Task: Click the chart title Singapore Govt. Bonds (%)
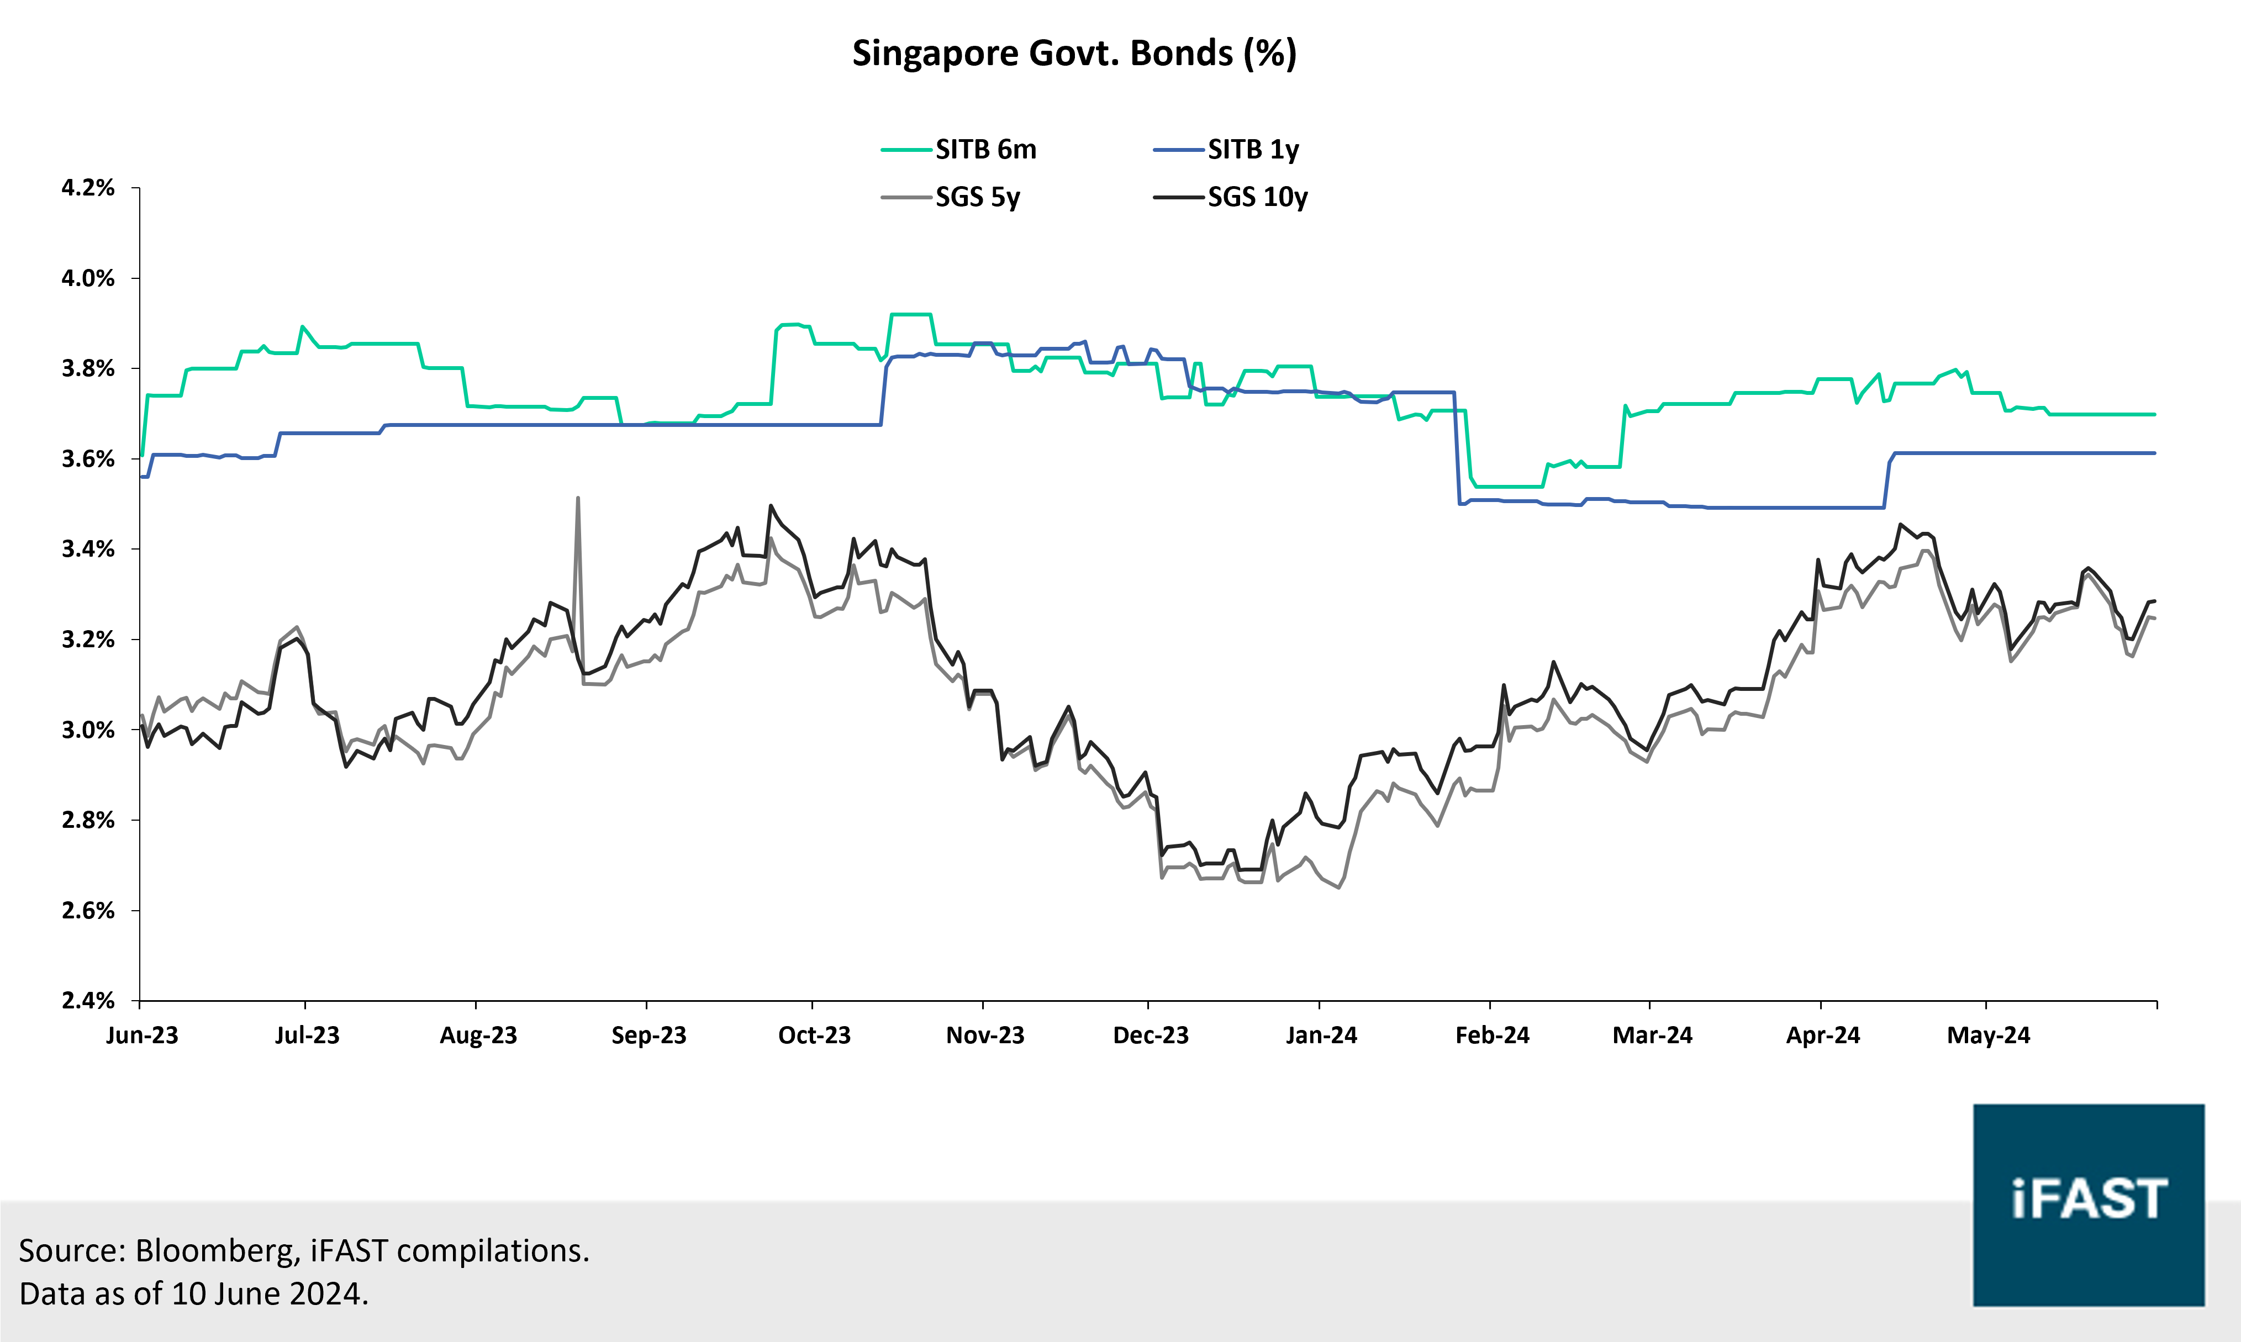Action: tap(1074, 54)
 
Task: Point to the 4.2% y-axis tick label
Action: tap(88, 188)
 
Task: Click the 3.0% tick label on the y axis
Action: tap(88, 730)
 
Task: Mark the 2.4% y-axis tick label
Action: tap(88, 1000)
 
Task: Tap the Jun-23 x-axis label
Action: tap(142, 1035)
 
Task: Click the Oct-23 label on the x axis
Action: tap(814, 1035)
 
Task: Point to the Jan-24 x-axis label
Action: tap(1321, 1035)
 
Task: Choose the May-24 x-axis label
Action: tap(1988, 1035)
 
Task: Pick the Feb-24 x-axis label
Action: tap(1492, 1035)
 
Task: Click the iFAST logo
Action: tap(2088, 1204)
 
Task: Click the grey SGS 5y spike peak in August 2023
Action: tap(577, 498)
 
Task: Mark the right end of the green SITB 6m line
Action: tap(2154, 414)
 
